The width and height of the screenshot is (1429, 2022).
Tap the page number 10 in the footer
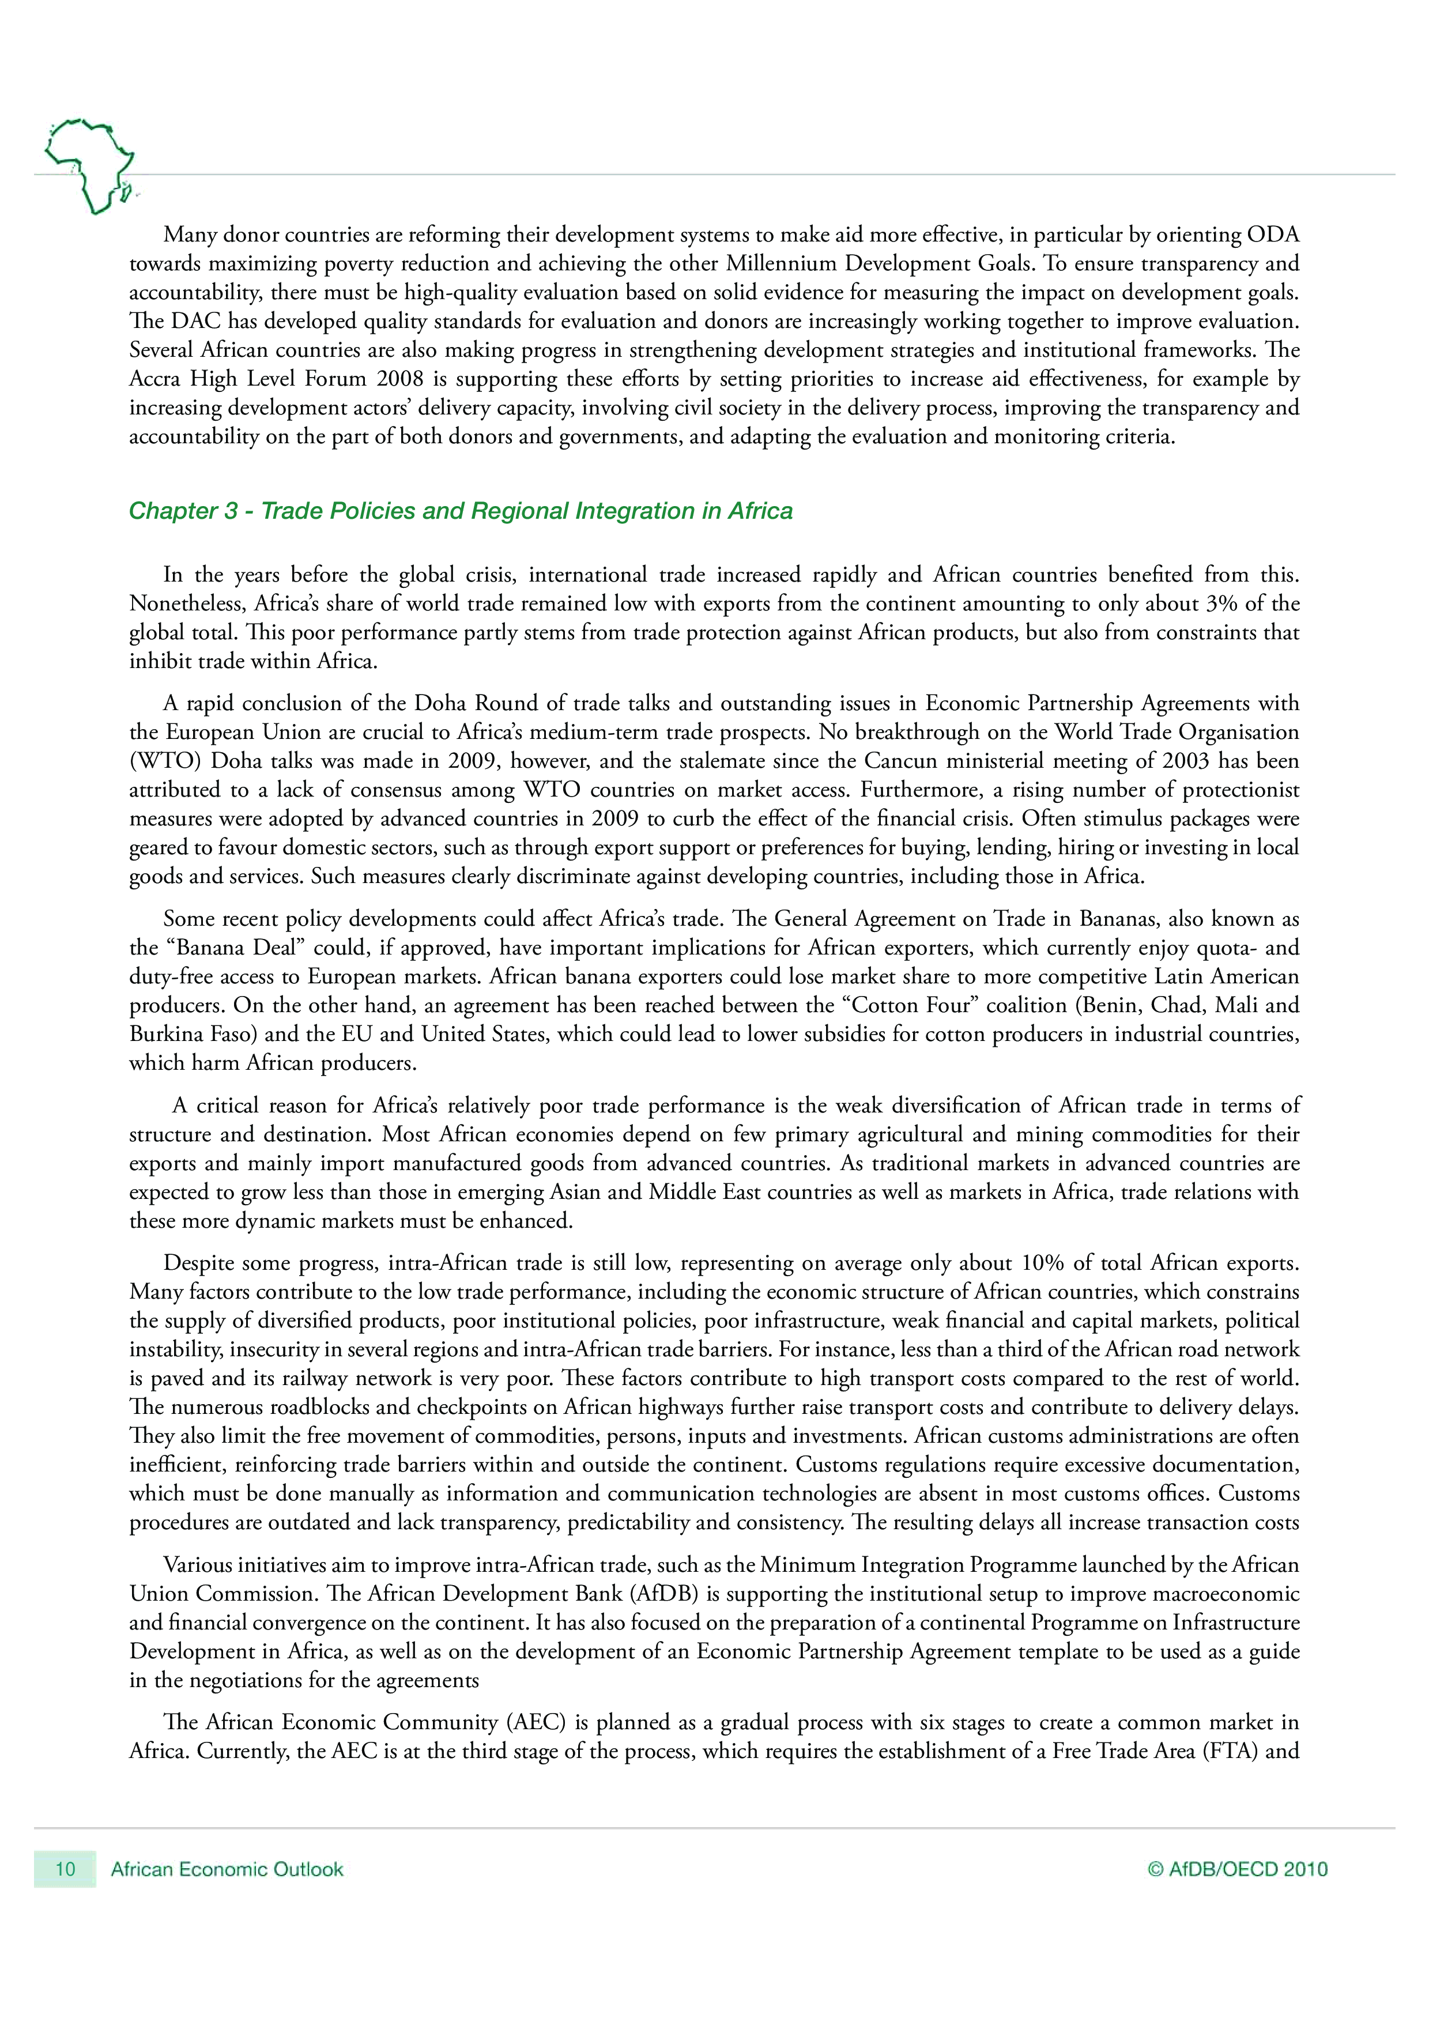point(65,1869)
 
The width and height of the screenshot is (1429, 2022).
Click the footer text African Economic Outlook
point(227,1869)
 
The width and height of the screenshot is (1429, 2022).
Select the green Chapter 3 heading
point(461,511)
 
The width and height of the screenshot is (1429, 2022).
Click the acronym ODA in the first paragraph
point(1272,235)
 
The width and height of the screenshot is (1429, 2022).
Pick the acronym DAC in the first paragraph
point(195,322)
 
